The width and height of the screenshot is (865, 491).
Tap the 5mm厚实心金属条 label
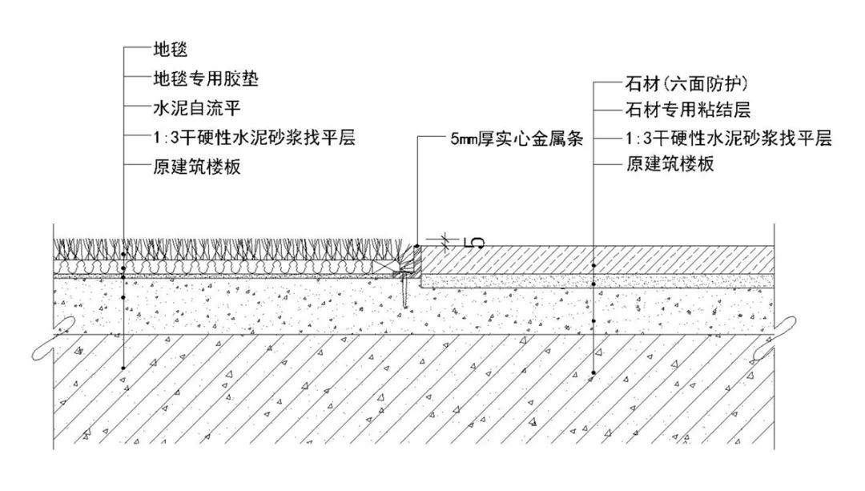516,138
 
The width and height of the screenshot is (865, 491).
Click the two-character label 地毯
169,50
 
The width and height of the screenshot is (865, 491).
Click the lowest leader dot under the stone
593,373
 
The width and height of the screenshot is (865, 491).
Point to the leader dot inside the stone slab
593,265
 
